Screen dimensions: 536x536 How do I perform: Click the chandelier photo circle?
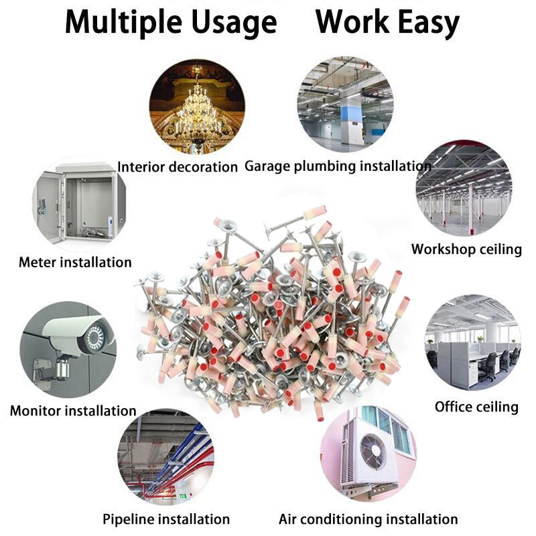coord(197,106)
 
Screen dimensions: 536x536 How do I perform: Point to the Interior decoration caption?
coord(178,167)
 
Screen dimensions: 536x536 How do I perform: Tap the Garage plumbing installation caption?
coord(337,165)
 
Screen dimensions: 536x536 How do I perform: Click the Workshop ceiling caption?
coord(466,249)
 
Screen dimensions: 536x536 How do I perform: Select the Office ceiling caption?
coord(476,407)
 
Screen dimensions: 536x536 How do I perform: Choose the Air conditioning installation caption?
coord(368,519)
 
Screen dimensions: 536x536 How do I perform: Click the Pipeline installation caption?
coord(166,519)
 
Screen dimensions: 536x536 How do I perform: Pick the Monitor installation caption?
coord(73,411)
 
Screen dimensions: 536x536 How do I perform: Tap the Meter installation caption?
coord(75,262)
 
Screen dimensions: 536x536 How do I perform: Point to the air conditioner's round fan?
coord(373,451)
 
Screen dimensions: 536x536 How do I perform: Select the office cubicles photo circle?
coord(472,342)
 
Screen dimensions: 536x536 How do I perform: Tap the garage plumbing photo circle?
coord(344,104)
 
